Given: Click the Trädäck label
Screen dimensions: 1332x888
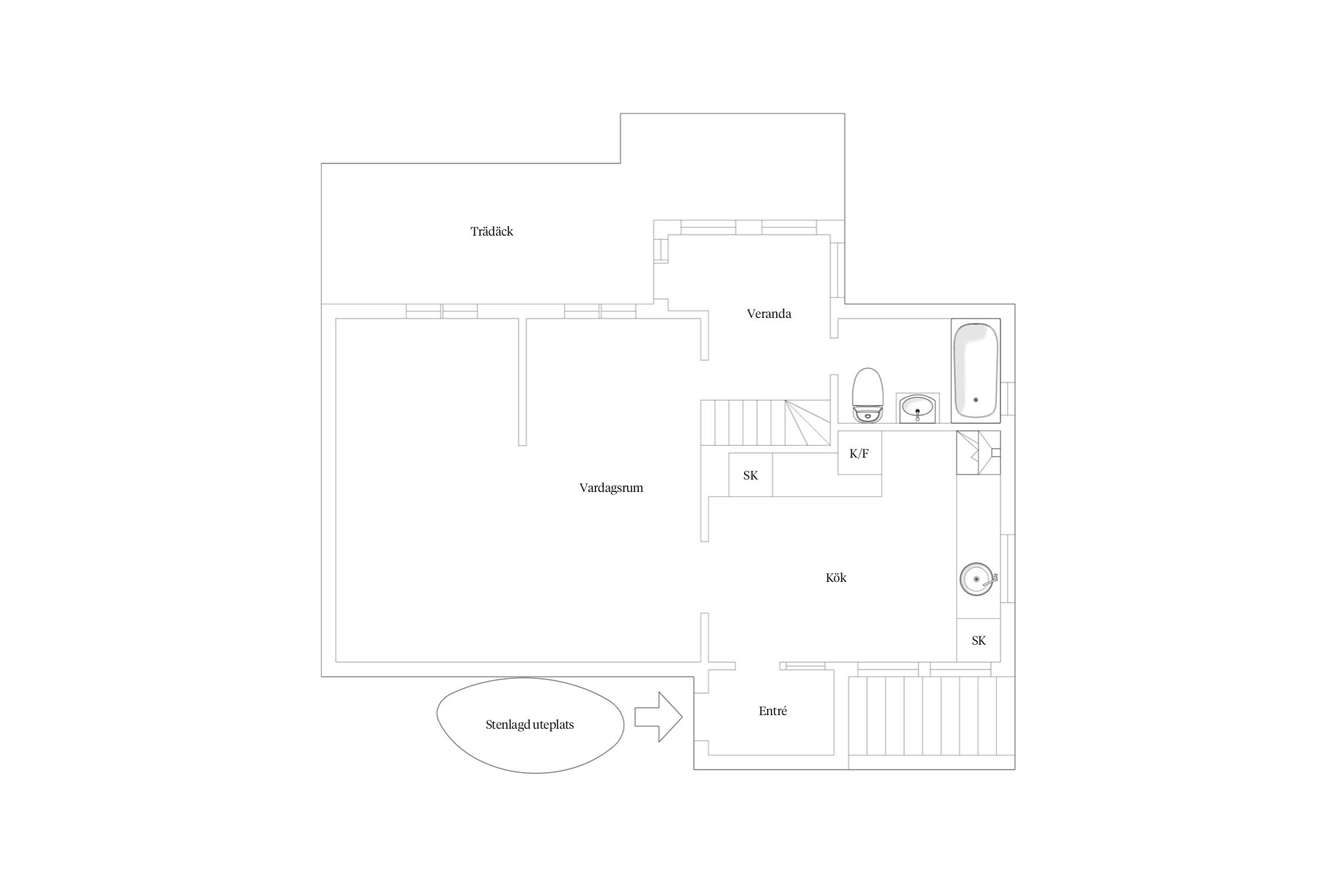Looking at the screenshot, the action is click(x=491, y=231).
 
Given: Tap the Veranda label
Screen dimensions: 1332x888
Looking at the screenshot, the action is click(x=769, y=314).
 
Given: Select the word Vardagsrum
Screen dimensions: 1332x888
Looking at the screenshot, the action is click(x=611, y=488).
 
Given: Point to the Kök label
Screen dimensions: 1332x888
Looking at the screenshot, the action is click(x=836, y=578).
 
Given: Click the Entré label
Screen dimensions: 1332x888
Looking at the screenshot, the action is click(x=773, y=712).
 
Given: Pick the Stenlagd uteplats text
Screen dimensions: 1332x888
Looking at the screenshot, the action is click(x=530, y=725).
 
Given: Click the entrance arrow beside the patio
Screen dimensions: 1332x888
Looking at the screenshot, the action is click(x=658, y=717).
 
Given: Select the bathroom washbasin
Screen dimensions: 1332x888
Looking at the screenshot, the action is click(x=918, y=408).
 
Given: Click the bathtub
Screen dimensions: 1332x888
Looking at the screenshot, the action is click(x=976, y=371).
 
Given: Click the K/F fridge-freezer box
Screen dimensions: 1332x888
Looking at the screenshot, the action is click(x=860, y=453).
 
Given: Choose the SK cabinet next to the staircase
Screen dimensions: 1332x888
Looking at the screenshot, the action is click(x=750, y=475).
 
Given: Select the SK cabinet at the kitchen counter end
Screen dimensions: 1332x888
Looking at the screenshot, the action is click(x=979, y=640).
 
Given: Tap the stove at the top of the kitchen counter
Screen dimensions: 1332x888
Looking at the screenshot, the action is click(x=979, y=453).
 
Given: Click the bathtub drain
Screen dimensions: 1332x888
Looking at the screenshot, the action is click(x=976, y=400).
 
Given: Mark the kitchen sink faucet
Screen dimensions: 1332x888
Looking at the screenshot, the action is click(x=991, y=580).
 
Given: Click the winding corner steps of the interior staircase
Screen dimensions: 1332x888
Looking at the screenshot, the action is click(x=808, y=423).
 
